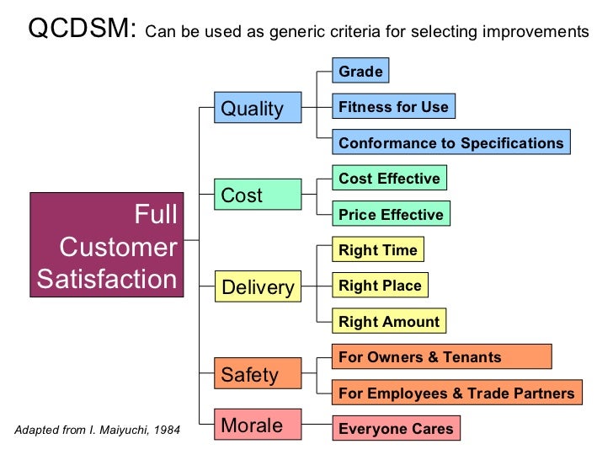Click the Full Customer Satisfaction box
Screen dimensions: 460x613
[x=107, y=245]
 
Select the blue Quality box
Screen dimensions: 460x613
[x=257, y=109]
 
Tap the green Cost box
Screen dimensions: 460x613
[x=257, y=195]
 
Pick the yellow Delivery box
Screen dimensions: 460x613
[x=257, y=287]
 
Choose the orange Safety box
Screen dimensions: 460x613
[x=257, y=374]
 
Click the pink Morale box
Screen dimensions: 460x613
[x=257, y=425]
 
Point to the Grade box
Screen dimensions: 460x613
[x=360, y=72]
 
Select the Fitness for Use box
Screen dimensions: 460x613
[x=393, y=107]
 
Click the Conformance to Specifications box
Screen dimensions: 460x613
[x=450, y=142]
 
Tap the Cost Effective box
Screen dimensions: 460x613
[x=389, y=179]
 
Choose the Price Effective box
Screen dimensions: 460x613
[x=391, y=214]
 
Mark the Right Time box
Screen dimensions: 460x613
[x=377, y=250]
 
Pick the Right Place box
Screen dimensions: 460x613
[x=380, y=286]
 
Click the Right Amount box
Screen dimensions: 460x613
[x=388, y=321]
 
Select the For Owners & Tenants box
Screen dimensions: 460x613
[x=441, y=357]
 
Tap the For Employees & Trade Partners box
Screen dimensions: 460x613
[x=456, y=393]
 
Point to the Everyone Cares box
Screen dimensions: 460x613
[x=396, y=428]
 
